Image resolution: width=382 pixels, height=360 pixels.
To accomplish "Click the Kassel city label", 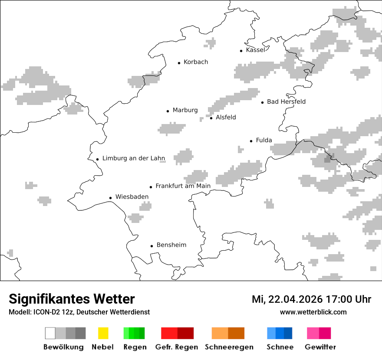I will [x=255, y=50].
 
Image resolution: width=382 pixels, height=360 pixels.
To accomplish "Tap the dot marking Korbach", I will [x=179, y=63].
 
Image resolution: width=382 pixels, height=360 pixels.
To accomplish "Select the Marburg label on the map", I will [x=185, y=110].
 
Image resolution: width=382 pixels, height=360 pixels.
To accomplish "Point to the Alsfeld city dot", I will [x=211, y=118].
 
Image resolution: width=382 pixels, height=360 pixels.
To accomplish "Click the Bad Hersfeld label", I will [x=286, y=101].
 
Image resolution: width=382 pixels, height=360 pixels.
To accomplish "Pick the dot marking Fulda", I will [x=251, y=141].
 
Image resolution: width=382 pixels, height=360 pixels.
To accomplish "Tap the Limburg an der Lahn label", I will [x=134, y=158].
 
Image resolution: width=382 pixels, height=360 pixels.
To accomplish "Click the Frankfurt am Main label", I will [x=183, y=186].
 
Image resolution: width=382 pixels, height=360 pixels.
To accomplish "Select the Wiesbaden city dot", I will [x=111, y=198].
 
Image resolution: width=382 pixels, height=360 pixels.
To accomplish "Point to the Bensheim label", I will [x=171, y=245].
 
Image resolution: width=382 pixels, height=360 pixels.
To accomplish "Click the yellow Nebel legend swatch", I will [x=103, y=333].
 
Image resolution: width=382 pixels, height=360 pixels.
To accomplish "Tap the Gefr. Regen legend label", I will [x=177, y=347].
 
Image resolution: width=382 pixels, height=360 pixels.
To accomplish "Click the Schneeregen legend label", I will [x=229, y=347].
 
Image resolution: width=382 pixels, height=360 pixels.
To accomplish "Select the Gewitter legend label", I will [x=320, y=347].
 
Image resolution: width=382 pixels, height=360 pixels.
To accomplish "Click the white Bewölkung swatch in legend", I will [x=50, y=333].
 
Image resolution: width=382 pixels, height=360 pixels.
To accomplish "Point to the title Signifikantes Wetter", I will [x=72, y=299].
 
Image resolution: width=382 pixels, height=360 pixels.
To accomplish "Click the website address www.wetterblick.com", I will [x=313, y=312].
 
